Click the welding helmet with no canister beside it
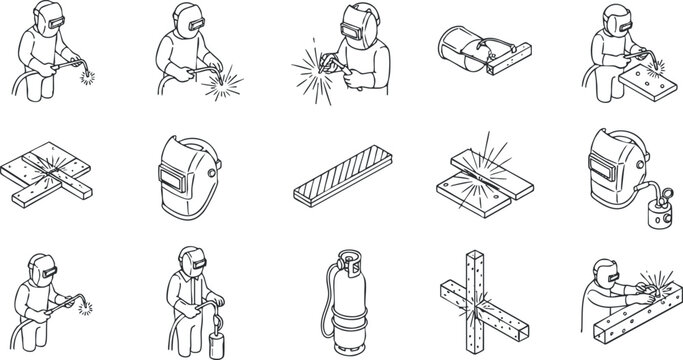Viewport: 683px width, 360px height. coord(184,164)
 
